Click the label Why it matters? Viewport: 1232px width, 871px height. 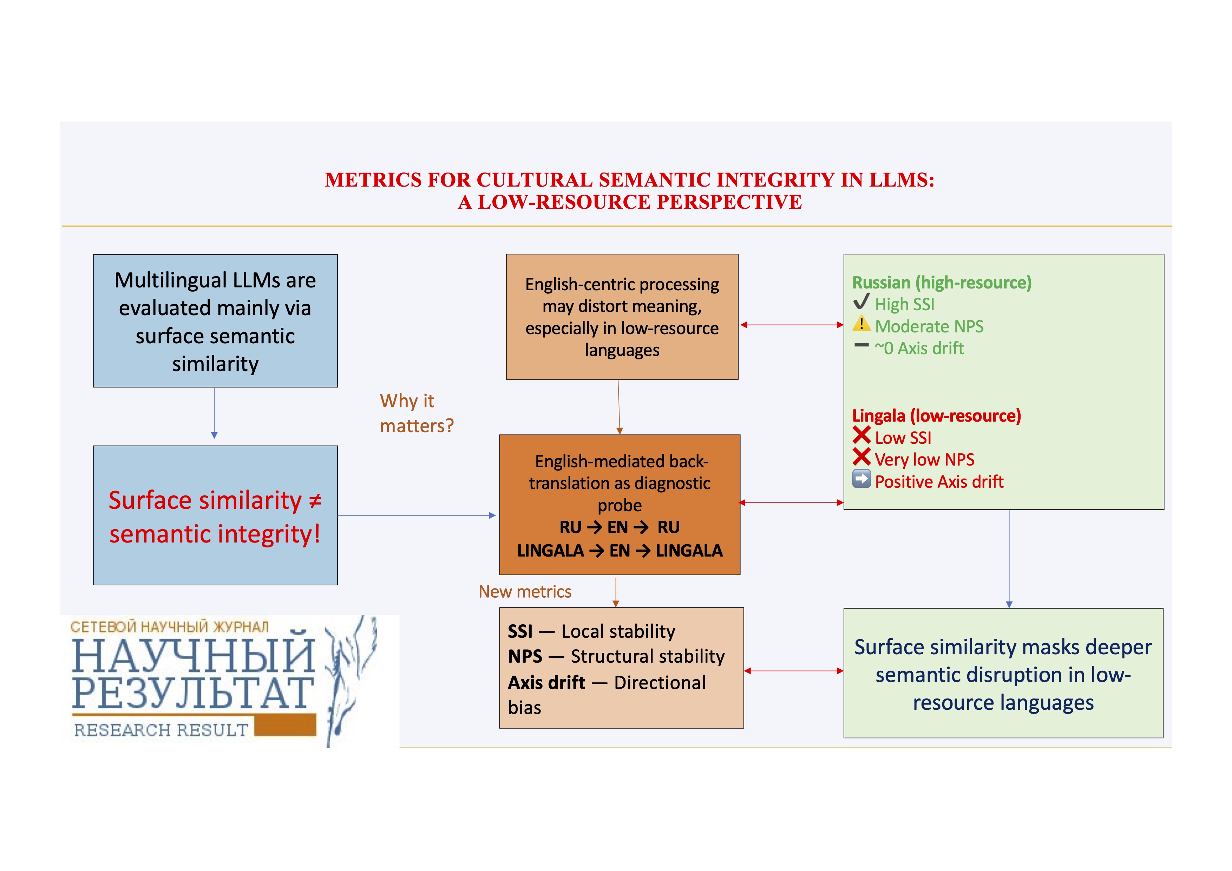(416, 413)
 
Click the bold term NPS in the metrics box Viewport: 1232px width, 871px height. (525, 656)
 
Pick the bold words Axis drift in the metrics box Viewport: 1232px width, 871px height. (546, 683)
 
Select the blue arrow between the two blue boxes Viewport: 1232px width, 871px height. (214, 413)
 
